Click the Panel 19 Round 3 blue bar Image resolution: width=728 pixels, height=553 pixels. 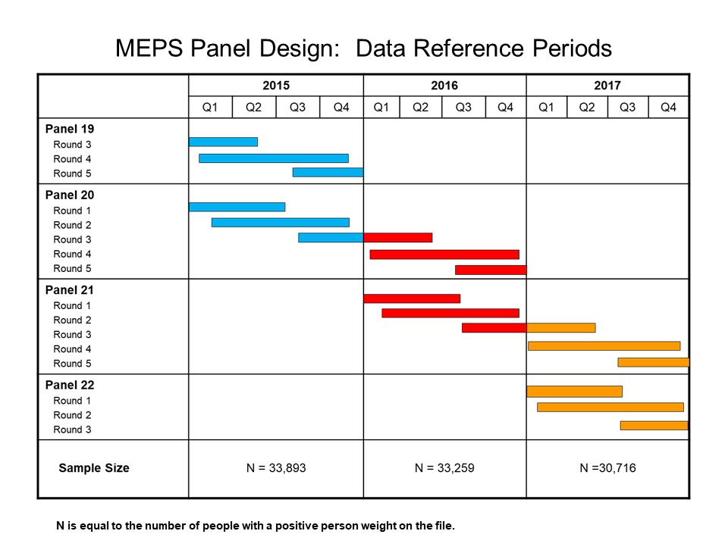[223, 142]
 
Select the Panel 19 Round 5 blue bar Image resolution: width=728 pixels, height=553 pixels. [328, 172]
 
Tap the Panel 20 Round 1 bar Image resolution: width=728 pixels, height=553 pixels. [237, 207]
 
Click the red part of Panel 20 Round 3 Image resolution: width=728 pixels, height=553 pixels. [397, 237]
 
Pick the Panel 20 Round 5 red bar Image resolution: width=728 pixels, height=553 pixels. [490, 270]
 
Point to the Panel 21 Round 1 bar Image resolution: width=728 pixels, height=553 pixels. [412, 298]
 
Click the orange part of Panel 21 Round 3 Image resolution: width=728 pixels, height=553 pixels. [560, 328]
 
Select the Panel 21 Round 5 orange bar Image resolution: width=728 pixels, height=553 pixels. [653, 362]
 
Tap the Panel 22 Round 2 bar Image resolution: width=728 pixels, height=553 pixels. [610, 407]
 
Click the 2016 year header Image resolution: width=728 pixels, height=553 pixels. [444, 86]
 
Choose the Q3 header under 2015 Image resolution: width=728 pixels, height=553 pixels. [297, 108]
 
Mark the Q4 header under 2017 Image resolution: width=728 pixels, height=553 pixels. [668, 108]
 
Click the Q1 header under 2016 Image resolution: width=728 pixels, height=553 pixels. [381, 108]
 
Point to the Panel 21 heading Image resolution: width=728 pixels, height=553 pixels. [70, 290]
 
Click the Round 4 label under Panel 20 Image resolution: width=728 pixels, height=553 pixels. [72, 254]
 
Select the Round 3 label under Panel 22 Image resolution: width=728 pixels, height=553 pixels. [72, 430]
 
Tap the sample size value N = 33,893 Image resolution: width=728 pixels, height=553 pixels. [276, 468]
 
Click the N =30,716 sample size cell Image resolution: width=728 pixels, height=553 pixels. [607, 468]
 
